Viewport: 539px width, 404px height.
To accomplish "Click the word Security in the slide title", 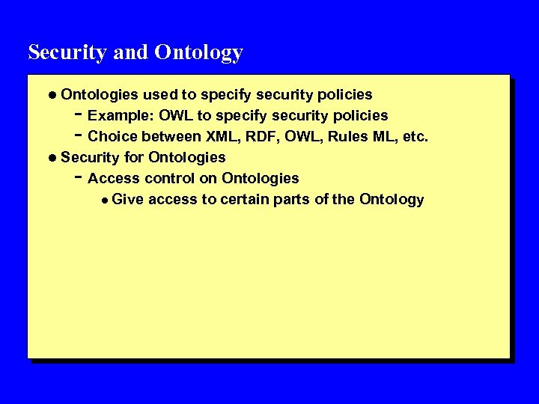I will pyautogui.click(x=64, y=52).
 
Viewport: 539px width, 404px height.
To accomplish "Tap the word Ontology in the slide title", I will pyautogui.click(x=198, y=53).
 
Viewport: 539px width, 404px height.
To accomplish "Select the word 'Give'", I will pyautogui.click(x=127, y=200).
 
